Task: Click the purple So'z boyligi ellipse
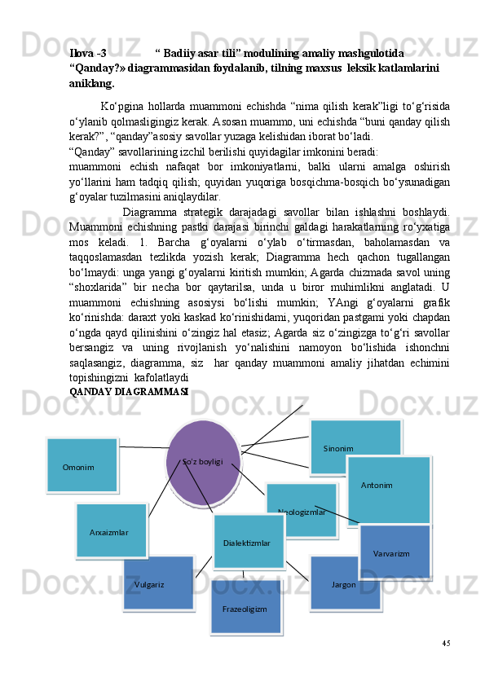click(203, 462)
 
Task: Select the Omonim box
click(82, 465)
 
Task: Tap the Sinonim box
click(355, 446)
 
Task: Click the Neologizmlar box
click(301, 511)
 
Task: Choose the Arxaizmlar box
click(111, 530)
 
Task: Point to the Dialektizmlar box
click(249, 541)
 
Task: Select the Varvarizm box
click(395, 552)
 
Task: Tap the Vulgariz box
click(158, 583)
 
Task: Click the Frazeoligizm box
click(245, 607)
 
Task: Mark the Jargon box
click(345, 583)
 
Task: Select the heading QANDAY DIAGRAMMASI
click(130, 392)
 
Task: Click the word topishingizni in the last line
click(98, 379)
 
